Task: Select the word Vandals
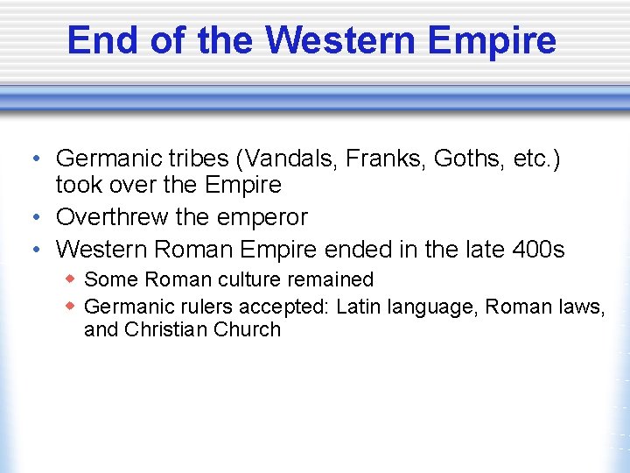[293, 159]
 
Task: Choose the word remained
[333, 279]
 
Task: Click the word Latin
[360, 306]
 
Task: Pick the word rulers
[192, 306]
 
